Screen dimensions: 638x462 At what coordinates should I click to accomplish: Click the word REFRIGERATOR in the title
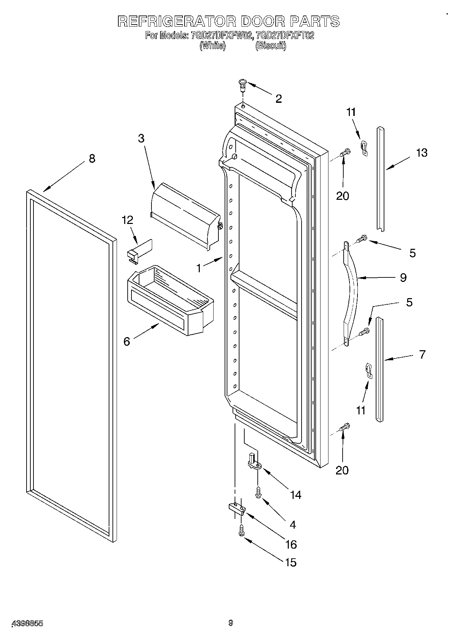click(x=176, y=21)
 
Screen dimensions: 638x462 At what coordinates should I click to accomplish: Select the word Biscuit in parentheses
click(x=271, y=45)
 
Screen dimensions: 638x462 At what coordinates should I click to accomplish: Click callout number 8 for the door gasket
click(x=92, y=158)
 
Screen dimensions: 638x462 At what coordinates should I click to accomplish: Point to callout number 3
click(x=141, y=138)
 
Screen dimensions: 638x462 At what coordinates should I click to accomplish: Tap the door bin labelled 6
click(x=171, y=300)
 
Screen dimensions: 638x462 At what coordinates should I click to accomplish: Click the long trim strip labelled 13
click(x=381, y=179)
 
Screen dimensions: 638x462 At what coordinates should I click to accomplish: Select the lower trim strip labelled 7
click(x=380, y=369)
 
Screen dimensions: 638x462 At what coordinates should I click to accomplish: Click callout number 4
click(x=292, y=525)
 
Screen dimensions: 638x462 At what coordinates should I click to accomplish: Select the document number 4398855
click(x=28, y=623)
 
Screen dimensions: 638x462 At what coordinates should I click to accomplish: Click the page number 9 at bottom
click(x=230, y=623)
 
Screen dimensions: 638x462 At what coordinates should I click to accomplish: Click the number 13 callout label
click(x=422, y=153)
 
